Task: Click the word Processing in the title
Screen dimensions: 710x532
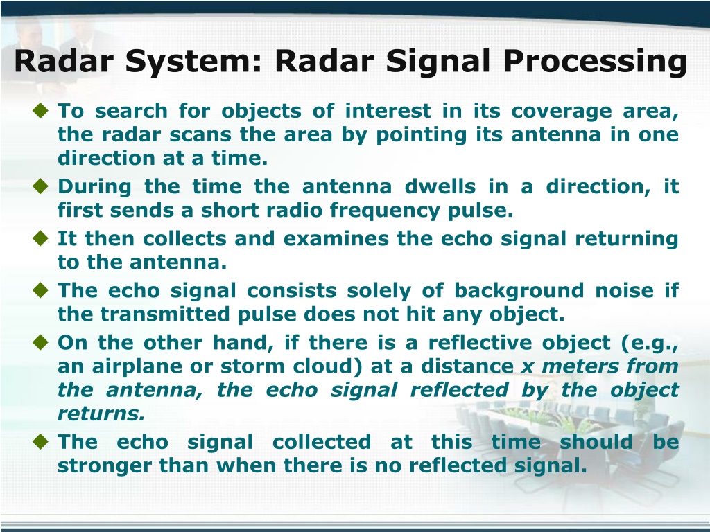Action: (x=595, y=62)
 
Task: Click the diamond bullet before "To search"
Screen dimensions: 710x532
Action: (x=41, y=110)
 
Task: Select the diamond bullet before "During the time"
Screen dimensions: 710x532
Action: (x=41, y=186)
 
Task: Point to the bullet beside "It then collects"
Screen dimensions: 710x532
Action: (x=41, y=238)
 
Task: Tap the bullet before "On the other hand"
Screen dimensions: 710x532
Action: (x=41, y=342)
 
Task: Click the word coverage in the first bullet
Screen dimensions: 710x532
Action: (x=562, y=112)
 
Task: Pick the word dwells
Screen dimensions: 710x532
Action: (x=440, y=186)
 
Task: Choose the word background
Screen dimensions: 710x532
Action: (x=519, y=291)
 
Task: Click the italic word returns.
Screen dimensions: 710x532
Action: (x=101, y=413)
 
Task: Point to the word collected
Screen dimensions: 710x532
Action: (x=322, y=441)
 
